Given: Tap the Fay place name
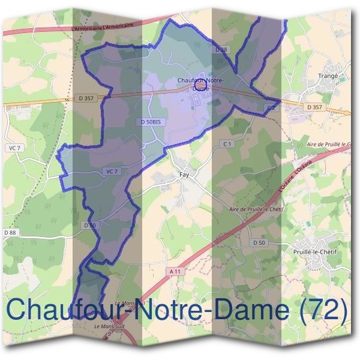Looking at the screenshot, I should [x=184, y=175].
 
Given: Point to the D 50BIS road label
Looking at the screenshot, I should [x=151, y=122].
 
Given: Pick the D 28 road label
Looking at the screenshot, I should [x=221, y=50].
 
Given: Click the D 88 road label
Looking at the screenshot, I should [x=10, y=232].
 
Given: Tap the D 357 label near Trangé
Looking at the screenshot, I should [x=314, y=107].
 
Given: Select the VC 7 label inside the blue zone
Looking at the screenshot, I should [x=112, y=172].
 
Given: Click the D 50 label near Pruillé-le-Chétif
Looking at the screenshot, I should [x=259, y=242].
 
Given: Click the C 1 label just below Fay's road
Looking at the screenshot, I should [x=227, y=144].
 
